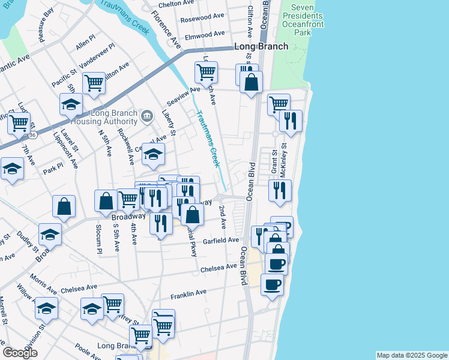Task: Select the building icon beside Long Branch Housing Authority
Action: pyautogui.click(x=146, y=114)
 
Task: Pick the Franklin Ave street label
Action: pyautogui.click(x=188, y=293)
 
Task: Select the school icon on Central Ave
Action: pyautogui.click(x=153, y=155)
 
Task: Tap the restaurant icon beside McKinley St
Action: pyautogui.click(x=280, y=190)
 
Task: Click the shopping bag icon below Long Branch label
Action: pyautogui.click(x=251, y=82)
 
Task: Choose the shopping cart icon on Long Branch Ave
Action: pyautogui.click(x=206, y=71)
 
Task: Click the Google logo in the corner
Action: pyautogui.click(x=20, y=353)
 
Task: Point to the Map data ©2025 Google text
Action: pyautogui.click(x=411, y=355)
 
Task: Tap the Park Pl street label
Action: pyautogui.click(x=52, y=169)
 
